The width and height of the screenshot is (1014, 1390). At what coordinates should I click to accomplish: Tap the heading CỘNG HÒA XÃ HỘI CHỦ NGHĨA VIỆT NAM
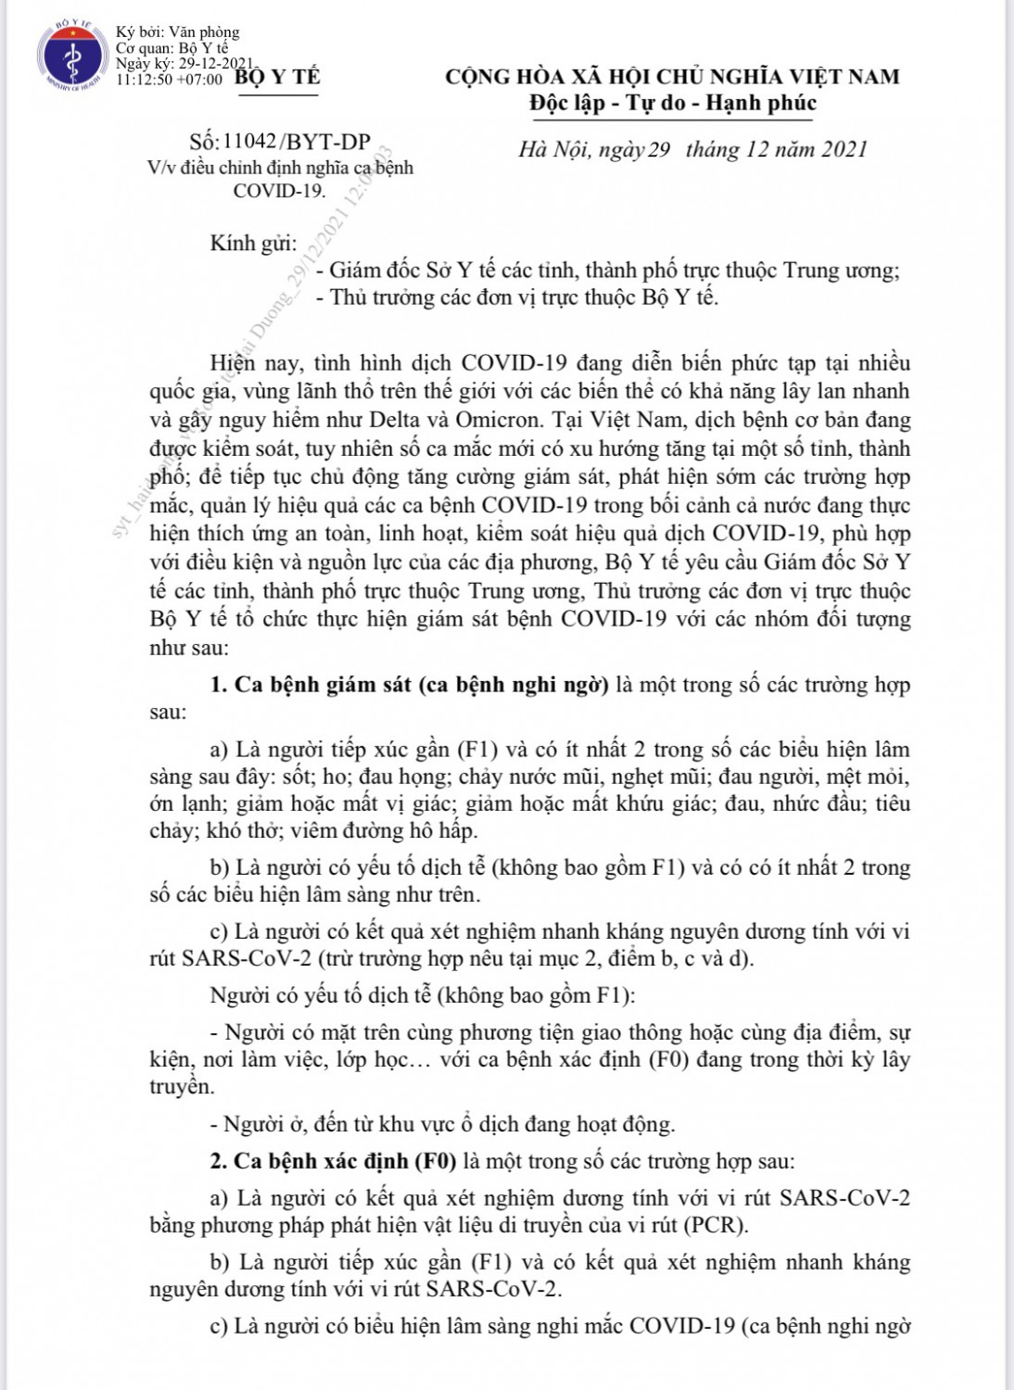point(672,76)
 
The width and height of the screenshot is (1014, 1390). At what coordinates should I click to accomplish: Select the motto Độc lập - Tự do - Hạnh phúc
point(672,103)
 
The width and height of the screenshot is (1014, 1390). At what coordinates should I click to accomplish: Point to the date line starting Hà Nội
point(692,149)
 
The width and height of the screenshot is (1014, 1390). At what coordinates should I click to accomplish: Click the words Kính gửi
point(253,244)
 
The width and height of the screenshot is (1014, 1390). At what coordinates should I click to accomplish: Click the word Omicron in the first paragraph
point(502,420)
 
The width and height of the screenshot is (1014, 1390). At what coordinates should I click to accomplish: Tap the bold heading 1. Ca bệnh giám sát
point(409,686)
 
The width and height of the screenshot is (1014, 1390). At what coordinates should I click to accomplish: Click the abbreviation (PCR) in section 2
point(714,1225)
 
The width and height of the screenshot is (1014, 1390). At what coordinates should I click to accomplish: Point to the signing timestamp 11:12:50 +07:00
point(170,80)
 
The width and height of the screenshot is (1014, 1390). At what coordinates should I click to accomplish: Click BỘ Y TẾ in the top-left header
point(277,78)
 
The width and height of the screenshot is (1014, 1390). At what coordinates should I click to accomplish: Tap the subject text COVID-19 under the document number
point(279,191)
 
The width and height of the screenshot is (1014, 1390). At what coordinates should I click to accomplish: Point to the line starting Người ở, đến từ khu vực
point(449,1125)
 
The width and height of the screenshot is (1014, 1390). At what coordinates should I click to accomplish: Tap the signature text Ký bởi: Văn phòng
point(177,33)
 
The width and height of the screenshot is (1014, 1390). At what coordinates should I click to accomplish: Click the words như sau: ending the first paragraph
point(187,648)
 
